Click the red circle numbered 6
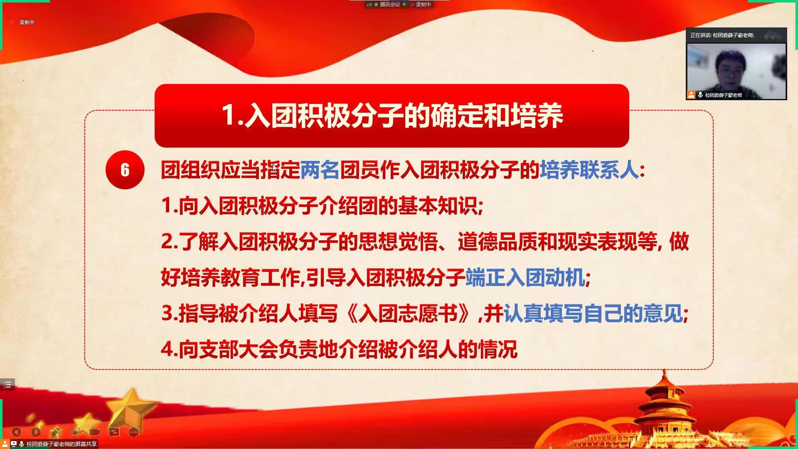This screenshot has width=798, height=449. point(125,170)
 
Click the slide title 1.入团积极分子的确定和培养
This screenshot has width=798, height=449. point(392,115)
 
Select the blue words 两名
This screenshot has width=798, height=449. point(320,170)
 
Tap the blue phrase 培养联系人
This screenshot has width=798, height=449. point(589,170)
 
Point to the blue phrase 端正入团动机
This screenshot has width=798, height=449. point(525,278)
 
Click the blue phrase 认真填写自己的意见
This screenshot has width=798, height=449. point(593,313)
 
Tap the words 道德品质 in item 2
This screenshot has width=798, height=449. point(498,242)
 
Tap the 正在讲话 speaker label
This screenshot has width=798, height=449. point(722,35)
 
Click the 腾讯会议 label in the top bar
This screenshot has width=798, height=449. point(390,5)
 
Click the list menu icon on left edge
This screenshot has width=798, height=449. point(7,385)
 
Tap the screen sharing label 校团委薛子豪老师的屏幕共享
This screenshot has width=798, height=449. point(62,444)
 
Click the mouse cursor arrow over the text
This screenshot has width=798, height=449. point(275,168)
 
